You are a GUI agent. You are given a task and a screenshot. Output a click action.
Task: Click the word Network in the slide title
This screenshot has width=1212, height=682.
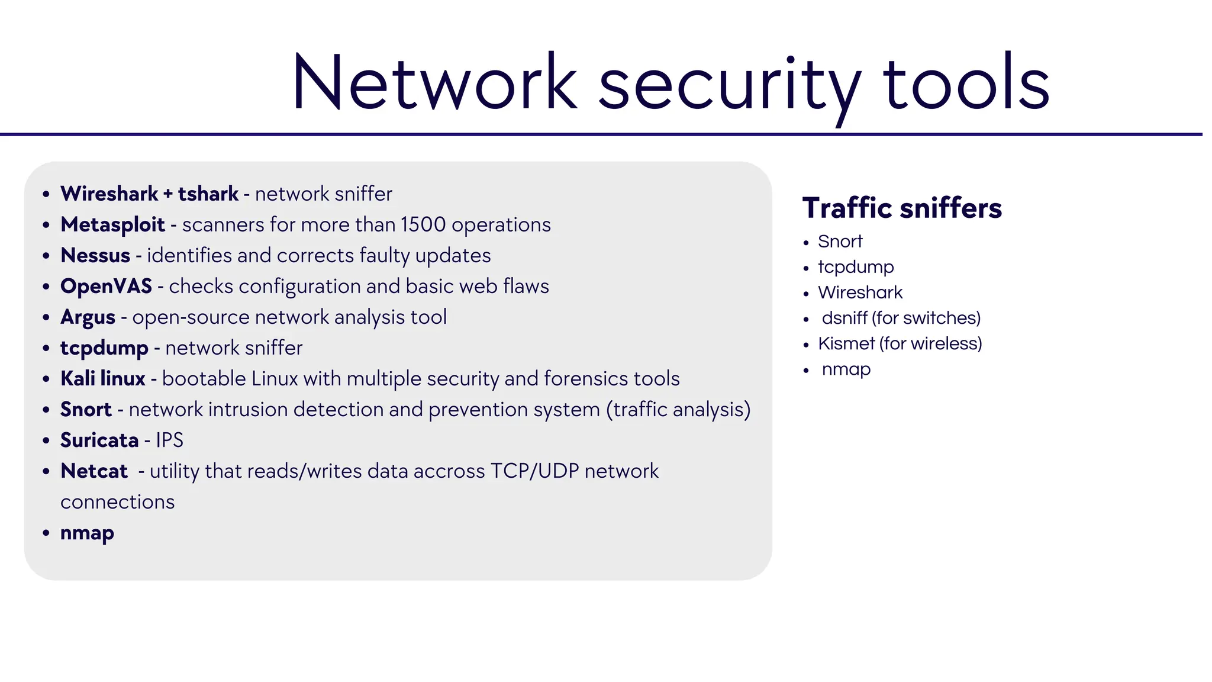[x=434, y=83]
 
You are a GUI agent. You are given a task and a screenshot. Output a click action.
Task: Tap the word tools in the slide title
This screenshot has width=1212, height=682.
[x=966, y=83]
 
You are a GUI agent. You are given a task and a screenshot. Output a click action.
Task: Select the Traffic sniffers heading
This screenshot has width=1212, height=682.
[x=902, y=208]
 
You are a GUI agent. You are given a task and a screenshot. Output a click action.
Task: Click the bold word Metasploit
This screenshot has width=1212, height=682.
[x=112, y=225]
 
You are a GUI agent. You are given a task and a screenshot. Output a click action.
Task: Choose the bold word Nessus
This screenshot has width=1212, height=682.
[x=95, y=256]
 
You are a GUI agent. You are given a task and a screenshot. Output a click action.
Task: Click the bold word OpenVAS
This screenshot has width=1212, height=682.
[x=107, y=287]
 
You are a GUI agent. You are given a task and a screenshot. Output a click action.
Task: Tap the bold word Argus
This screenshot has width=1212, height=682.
[x=88, y=317]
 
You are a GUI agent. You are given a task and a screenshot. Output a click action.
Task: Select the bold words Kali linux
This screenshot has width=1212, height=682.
[x=103, y=379]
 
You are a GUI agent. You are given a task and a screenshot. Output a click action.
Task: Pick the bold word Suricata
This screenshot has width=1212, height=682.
[x=99, y=440]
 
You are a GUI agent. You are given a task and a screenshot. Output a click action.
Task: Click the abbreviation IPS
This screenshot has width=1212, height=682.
[x=169, y=440]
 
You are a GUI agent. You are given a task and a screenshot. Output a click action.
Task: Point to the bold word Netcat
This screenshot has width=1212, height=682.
[x=94, y=471]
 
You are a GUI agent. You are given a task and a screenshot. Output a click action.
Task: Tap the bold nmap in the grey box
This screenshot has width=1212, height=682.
[x=87, y=533]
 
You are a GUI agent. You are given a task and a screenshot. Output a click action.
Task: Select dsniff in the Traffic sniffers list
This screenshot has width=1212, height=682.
[x=844, y=318]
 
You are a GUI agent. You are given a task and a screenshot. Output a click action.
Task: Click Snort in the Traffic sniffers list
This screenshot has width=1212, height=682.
[x=840, y=242]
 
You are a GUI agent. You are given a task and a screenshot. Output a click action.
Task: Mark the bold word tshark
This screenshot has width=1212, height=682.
[x=208, y=194]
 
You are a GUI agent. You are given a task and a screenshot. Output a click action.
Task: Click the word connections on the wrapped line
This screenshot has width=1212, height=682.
[x=117, y=502]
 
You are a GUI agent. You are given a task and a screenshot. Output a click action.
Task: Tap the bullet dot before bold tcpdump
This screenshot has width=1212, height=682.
[x=46, y=348]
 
